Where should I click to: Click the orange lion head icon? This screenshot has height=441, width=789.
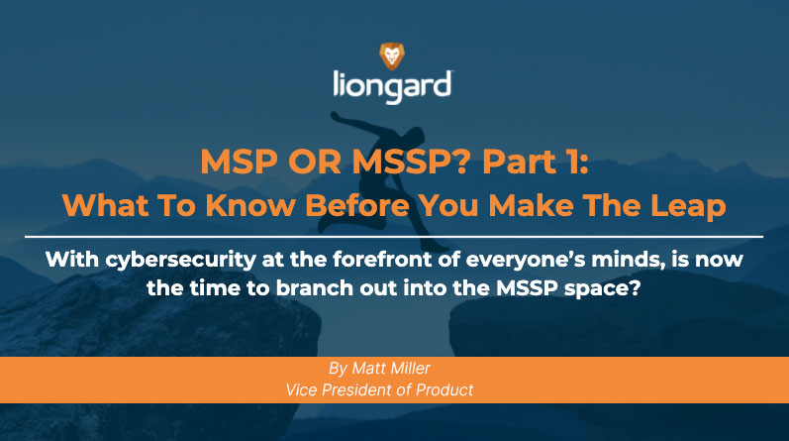pyautogui.click(x=391, y=55)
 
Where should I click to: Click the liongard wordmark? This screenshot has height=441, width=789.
pyautogui.click(x=392, y=87)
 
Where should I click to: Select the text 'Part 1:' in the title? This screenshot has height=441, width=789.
pyautogui.click(x=536, y=162)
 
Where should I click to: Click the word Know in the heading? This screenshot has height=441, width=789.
pyautogui.click(x=251, y=205)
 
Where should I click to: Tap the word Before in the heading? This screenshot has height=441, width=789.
pyautogui.click(x=357, y=205)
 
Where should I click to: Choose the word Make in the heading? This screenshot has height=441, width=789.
pyautogui.click(x=531, y=205)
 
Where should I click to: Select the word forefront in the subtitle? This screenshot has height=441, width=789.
pyautogui.click(x=382, y=259)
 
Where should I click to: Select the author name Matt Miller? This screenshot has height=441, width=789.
pyautogui.click(x=391, y=369)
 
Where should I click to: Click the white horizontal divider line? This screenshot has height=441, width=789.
pyautogui.click(x=394, y=237)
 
